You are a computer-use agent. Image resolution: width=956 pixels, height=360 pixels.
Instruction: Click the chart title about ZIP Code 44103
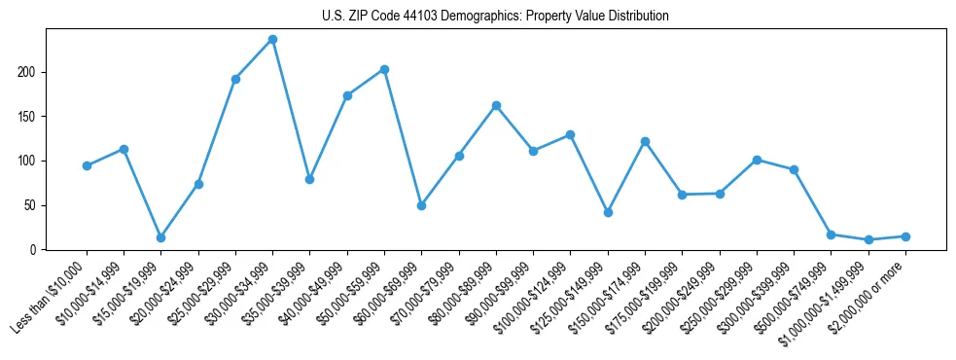coord(495,17)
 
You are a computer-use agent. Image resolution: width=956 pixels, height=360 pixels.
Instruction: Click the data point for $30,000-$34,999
coord(272,40)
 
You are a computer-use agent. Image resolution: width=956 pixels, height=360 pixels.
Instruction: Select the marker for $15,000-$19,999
coord(160,237)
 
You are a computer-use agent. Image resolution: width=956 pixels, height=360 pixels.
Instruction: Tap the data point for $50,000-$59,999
coord(384,69)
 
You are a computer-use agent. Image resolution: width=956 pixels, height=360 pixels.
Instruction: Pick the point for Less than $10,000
coord(87,165)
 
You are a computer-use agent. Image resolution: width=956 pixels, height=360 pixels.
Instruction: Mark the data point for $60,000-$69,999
coord(421,205)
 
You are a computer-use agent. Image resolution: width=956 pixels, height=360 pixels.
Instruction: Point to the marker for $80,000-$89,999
coord(496,105)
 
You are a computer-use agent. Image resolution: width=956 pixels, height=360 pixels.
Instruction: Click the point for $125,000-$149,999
coord(608,212)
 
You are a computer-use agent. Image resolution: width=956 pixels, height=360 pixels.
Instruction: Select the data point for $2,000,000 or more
coord(905,236)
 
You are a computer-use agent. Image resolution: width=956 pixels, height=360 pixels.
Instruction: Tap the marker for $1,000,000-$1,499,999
coord(868,239)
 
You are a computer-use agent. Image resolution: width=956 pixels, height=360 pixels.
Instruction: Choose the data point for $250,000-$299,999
coord(757,160)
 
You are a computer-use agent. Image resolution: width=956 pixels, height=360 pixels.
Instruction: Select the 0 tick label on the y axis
coord(33,250)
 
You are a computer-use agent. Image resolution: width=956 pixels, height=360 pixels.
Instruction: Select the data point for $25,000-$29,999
coord(235,79)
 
